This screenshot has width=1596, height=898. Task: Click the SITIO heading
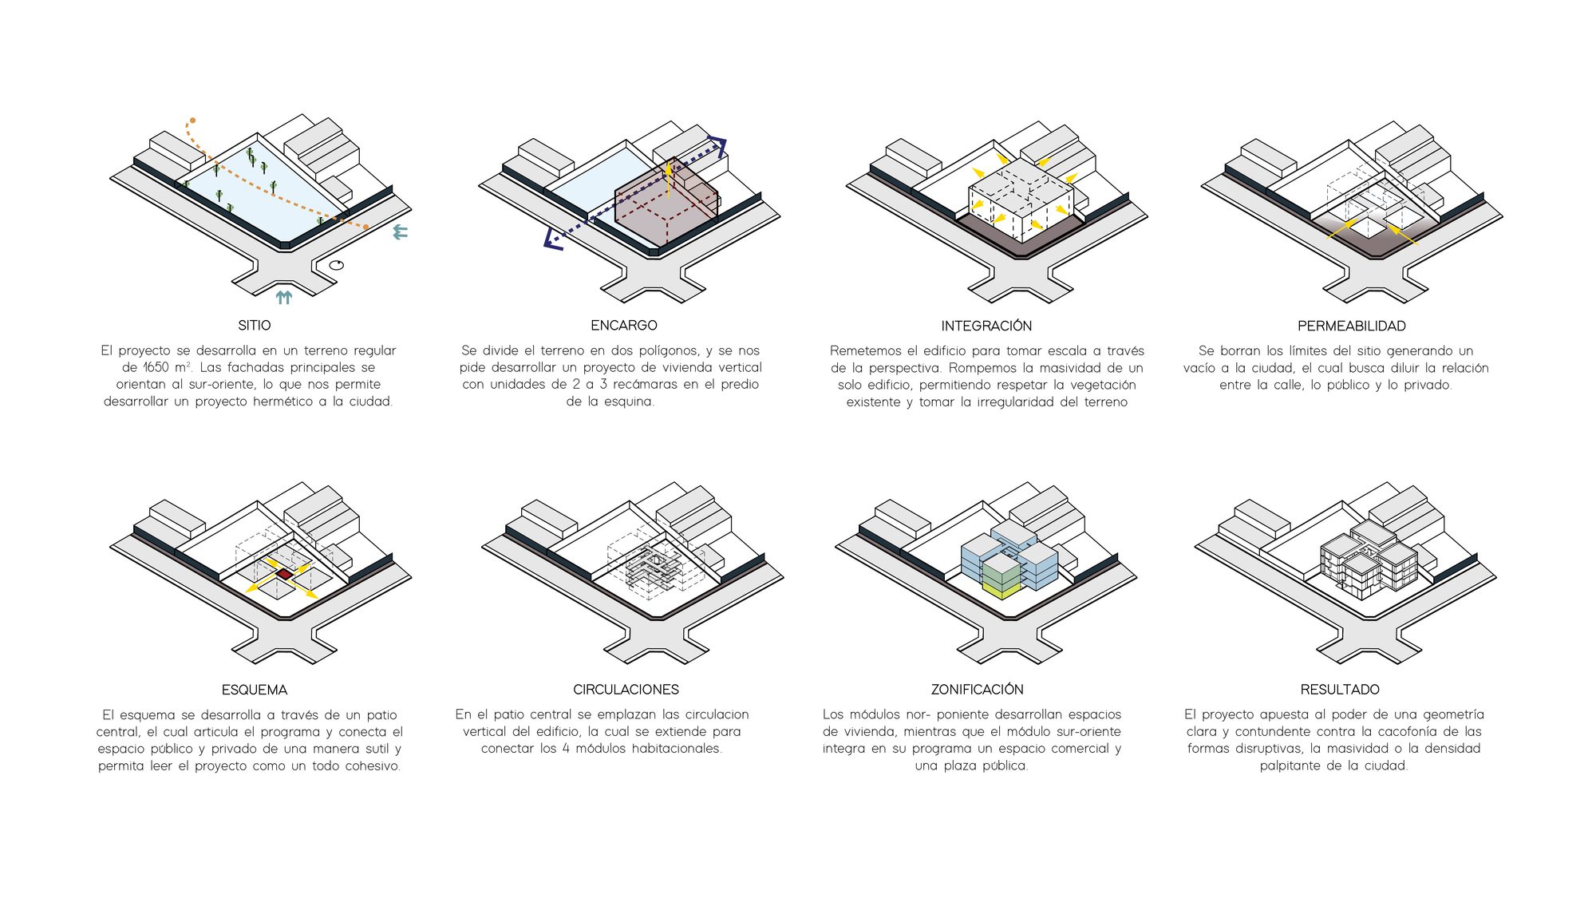254,326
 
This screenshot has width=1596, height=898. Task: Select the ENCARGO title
624,326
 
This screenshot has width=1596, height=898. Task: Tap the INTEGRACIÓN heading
986,326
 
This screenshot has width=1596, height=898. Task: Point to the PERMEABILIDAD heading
1352,326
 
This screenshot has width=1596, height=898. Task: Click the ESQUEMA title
255,690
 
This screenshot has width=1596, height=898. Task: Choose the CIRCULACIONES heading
626,690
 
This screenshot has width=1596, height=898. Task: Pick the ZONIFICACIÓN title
978,689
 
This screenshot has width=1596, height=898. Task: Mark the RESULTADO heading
1340,690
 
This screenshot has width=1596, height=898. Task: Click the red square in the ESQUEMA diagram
285,574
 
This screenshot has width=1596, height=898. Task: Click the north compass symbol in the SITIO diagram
337,265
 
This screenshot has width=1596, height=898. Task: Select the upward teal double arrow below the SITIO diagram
284,298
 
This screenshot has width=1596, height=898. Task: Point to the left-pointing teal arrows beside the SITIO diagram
401,232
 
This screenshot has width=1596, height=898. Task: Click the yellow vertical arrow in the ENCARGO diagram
669,180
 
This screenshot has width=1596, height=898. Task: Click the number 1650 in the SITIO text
156,367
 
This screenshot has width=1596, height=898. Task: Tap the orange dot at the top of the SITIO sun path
192,121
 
